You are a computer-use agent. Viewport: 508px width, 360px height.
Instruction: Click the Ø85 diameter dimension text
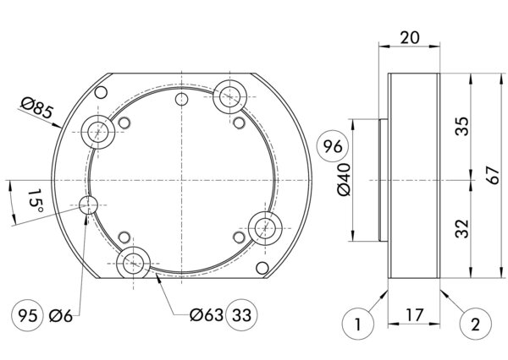pos(36,107)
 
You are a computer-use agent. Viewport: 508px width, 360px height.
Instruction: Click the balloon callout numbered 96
pos(332,148)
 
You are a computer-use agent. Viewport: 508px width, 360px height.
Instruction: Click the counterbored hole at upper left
pos(98,132)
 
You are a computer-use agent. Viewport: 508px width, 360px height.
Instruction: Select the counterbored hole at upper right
pos(229,95)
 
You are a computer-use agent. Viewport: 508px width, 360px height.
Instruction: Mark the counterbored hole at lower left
pos(134,263)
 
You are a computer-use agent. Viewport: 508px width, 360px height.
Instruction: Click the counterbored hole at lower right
pos(265,226)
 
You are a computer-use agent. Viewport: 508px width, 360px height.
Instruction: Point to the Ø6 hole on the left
pos(88,205)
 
